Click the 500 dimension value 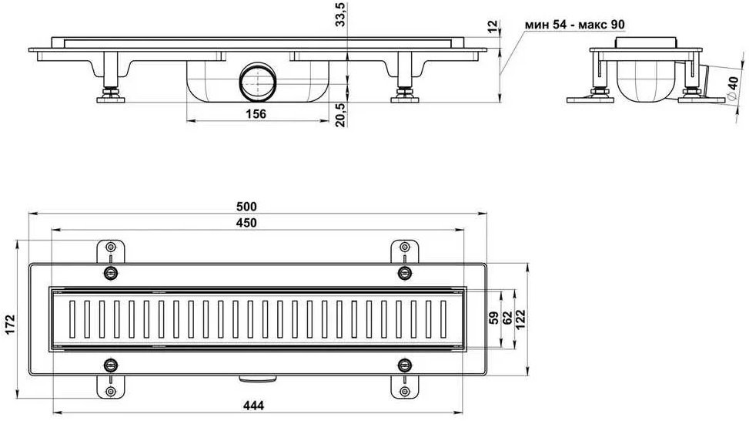(246, 206)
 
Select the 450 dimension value (246, 223)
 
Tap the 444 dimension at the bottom (254, 406)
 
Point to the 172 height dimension (10, 325)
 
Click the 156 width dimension (256, 114)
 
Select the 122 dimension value (520, 318)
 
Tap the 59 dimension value (494, 318)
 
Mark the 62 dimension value (507, 318)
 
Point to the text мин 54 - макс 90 (575, 25)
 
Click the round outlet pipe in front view (258, 82)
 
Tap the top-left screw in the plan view (111, 273)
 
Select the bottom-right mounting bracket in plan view (405, 386)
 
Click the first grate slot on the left (72, 318)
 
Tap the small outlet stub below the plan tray (258, 379)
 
